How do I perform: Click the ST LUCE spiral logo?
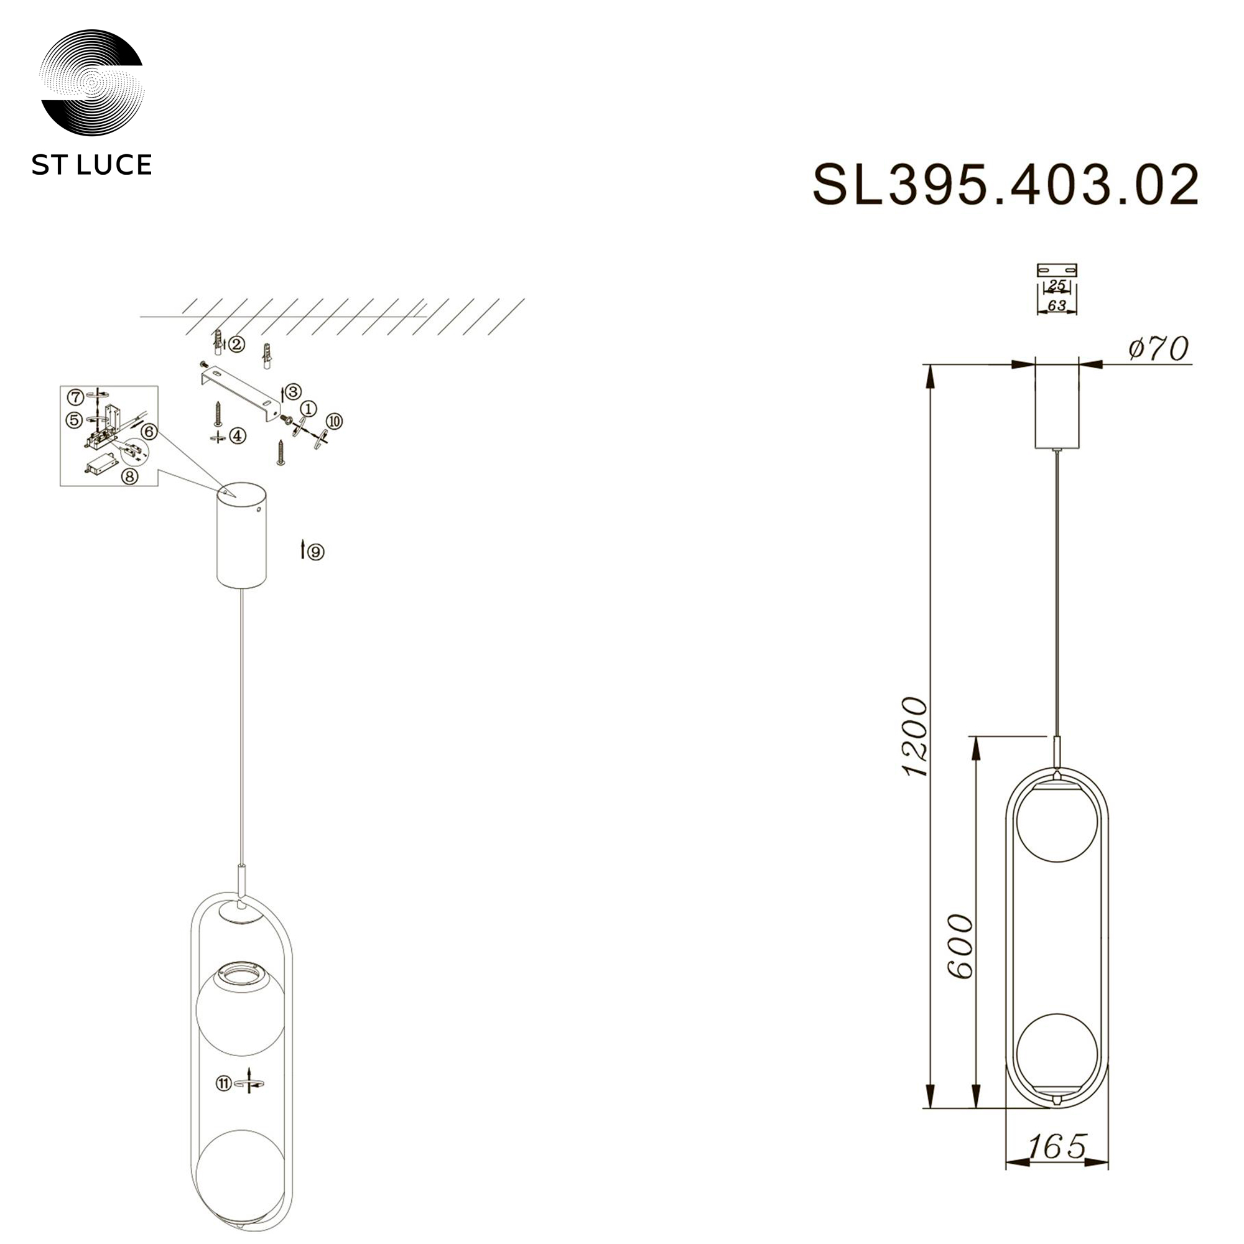click(x=91, y=83)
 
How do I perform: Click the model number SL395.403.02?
click(x=1006, y=185)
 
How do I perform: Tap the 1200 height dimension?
click(x=914, y=736)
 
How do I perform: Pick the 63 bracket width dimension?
click(x=1057, y=305)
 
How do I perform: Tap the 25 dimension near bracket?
click(x=1057, y=285)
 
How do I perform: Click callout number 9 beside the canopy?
click(x=316, y=552)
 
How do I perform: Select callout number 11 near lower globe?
click(x=223, y=1084)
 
